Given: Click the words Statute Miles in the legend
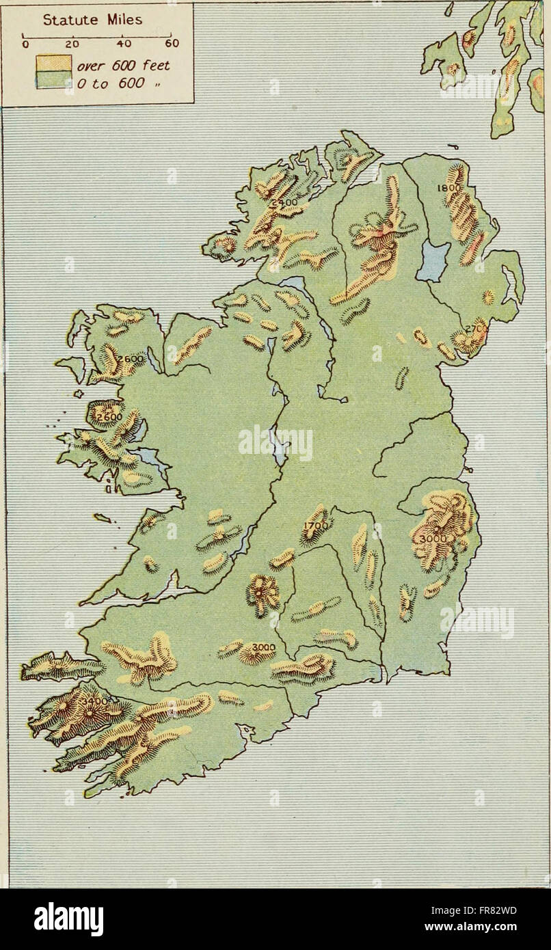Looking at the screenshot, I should point(92,20).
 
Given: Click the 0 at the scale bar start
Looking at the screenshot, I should point(24,45).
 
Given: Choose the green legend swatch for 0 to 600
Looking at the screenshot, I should point(54,80).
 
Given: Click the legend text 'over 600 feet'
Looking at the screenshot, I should point(123,66).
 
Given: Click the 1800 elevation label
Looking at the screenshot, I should point(451,188).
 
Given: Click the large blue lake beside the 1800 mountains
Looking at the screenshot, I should point(433,260).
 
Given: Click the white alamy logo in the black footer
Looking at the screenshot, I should point(69,919).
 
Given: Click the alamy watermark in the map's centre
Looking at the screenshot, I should point(275,444).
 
